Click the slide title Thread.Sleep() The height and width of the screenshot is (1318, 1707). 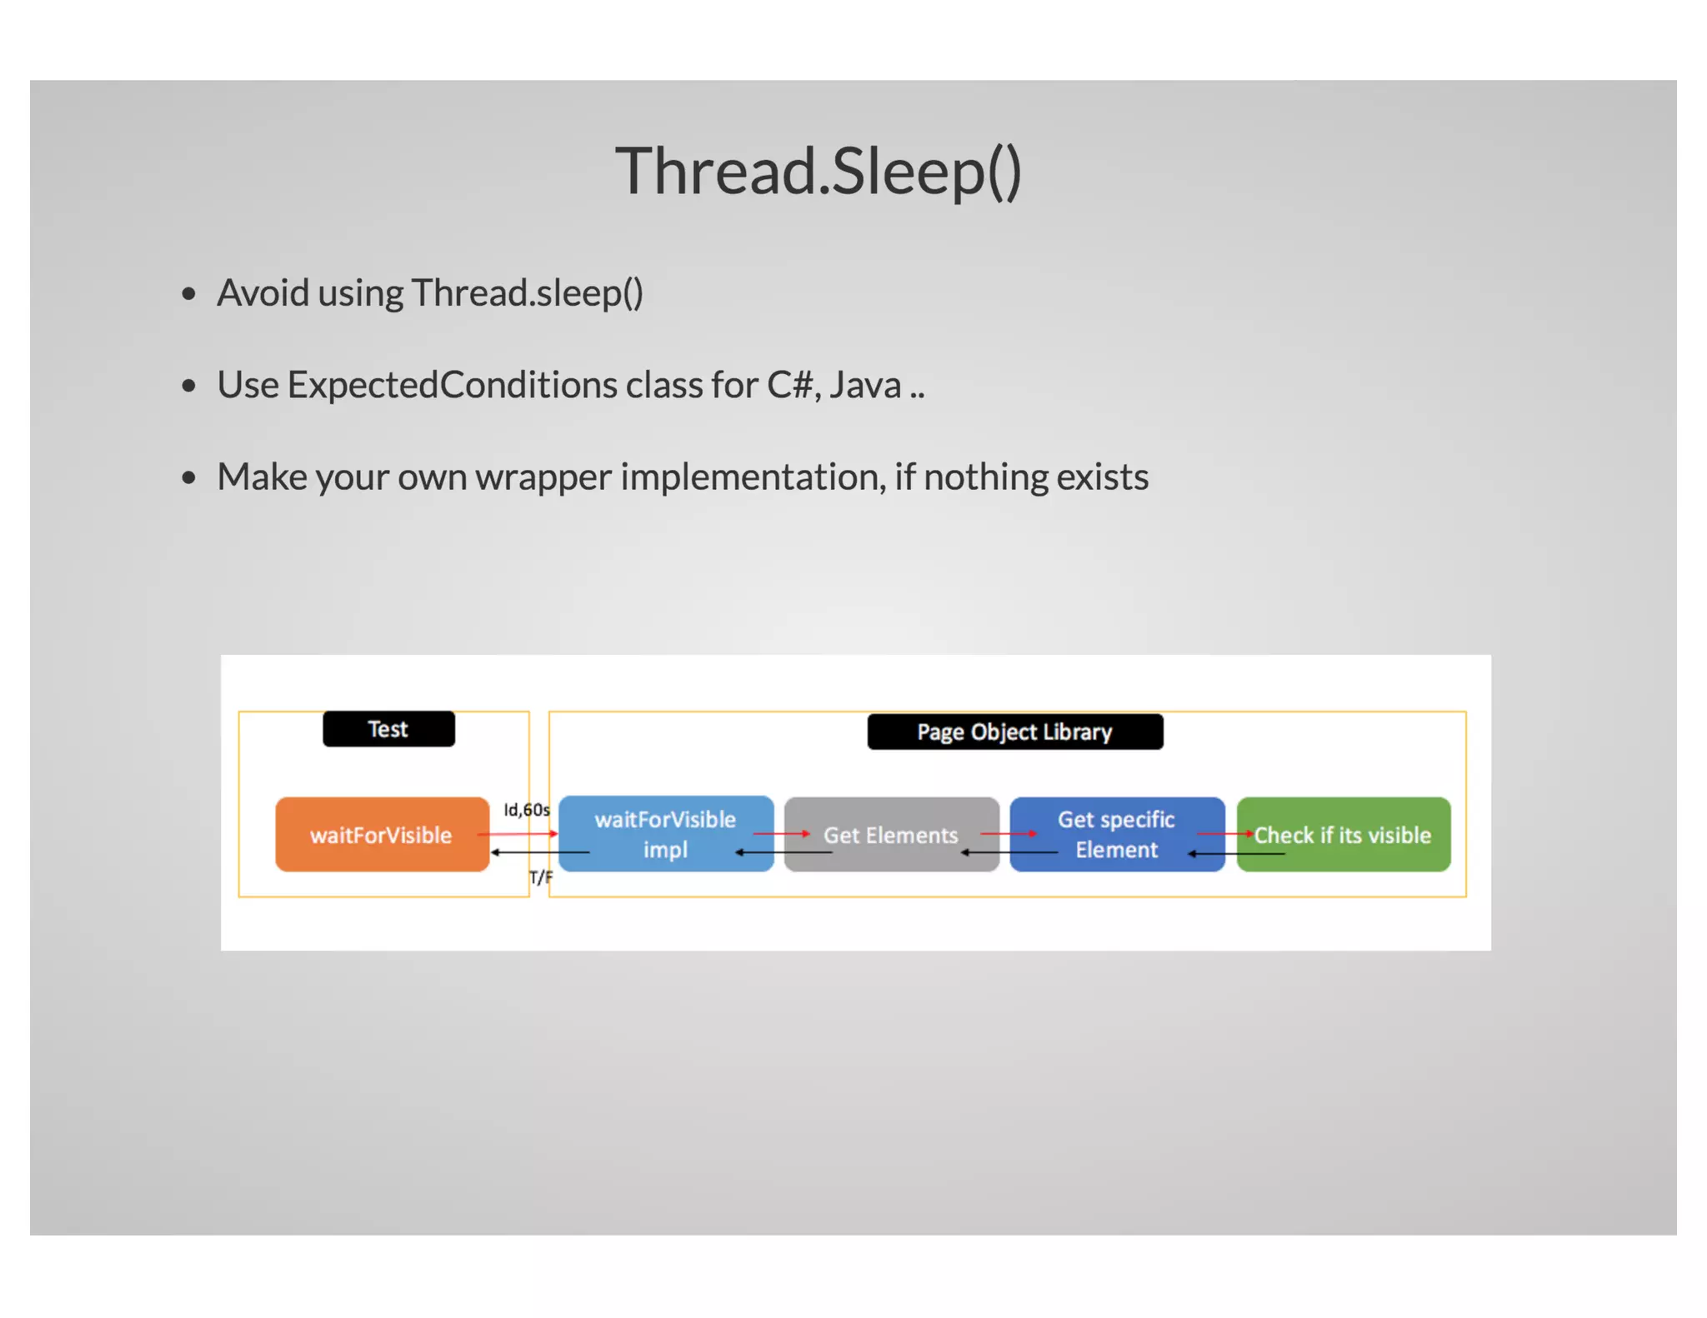(818, 172)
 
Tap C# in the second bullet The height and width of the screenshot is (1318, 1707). (789, 385)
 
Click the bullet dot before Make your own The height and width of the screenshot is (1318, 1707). (189, 478)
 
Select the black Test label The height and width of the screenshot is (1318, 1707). (388, 729)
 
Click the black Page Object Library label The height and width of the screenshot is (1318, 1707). (1014, 731)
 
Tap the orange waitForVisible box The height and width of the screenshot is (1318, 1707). (382, 835)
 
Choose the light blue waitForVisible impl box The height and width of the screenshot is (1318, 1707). (665, 834)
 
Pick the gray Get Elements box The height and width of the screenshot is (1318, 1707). (891, 835)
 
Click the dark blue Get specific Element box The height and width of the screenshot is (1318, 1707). (1116, 834)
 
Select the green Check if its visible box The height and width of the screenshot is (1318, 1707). (1343, 835)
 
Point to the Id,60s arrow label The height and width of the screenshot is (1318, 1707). (527, 810)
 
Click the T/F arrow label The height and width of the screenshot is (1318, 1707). (540, 877)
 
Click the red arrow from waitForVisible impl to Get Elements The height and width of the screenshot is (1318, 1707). (781, 833)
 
